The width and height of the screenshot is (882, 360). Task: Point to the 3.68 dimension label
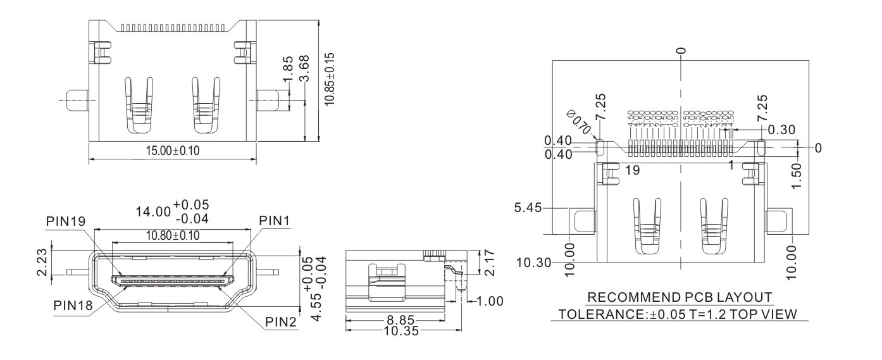[x=305, y=68]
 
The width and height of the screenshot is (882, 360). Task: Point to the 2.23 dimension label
[x=42, y=262]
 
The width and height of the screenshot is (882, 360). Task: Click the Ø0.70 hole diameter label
[x=579, y=121]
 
